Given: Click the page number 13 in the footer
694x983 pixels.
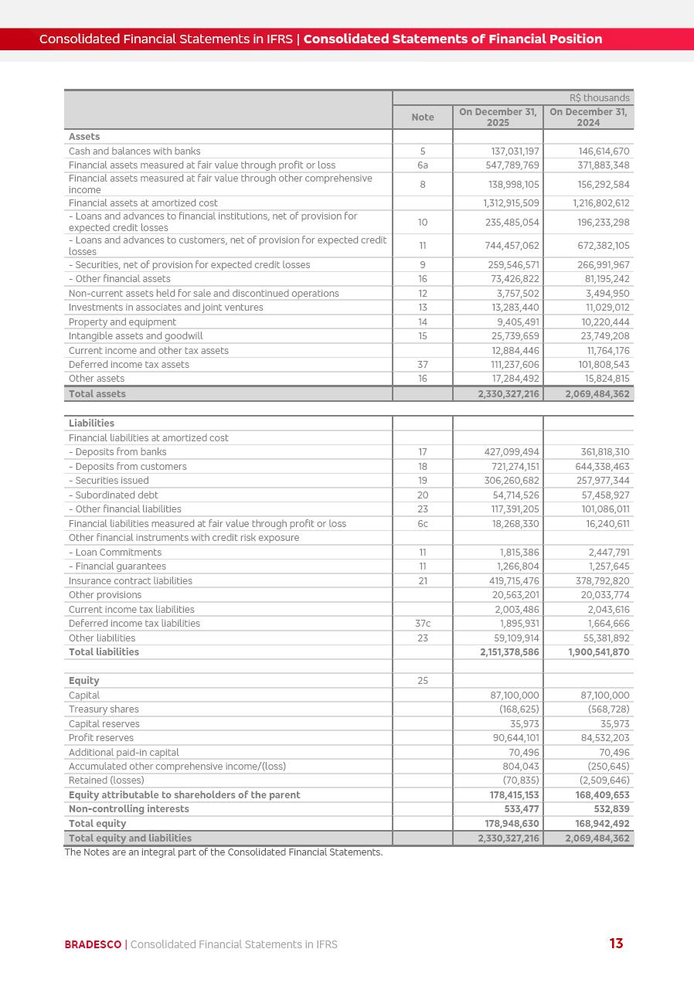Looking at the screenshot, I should point(616,944).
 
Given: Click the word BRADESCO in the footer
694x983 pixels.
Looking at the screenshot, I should point(93,944).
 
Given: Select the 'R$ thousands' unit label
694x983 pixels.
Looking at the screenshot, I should point(599,98).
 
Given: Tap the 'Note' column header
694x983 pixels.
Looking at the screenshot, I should point(422,117).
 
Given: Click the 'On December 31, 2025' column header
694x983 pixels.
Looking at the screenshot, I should point(498,117).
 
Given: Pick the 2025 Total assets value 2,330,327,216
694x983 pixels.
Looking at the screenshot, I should point(509,394).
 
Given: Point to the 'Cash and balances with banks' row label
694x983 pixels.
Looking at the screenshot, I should point(134,151).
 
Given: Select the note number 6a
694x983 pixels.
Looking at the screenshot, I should point(423,165).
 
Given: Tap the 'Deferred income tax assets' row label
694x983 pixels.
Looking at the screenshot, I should point(128,365).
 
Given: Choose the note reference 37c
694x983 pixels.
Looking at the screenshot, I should point(423,624).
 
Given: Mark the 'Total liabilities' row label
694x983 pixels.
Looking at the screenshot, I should point(104,652).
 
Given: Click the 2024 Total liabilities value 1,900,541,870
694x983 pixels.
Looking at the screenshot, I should point(598,652).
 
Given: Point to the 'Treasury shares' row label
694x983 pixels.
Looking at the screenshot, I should point(104,709).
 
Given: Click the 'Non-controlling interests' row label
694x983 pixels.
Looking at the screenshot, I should point(128,809).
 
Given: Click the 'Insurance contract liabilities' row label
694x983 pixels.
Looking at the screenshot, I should point(130,581).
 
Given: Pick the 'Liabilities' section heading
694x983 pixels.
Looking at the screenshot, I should point(91,423).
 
